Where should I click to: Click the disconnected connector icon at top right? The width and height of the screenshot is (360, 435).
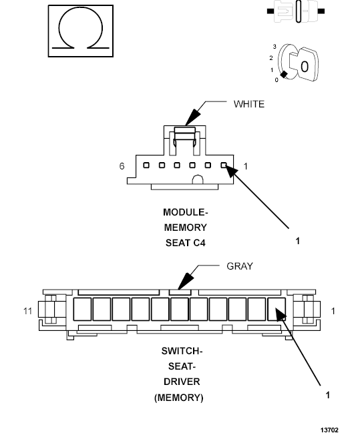(295, 11)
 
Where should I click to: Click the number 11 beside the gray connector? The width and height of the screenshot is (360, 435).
(26, 311)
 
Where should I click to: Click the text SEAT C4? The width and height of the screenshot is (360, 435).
(185, 243)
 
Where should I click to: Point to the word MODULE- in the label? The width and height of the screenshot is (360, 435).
(185, 212)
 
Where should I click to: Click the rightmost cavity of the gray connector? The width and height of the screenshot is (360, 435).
(276, 309)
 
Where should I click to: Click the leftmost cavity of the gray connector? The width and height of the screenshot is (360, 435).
(82, 309)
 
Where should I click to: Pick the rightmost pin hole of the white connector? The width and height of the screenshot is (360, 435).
(224, 165)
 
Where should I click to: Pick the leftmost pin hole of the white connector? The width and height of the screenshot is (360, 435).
(146, 165)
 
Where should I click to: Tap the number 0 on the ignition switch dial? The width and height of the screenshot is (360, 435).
(277, 80)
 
